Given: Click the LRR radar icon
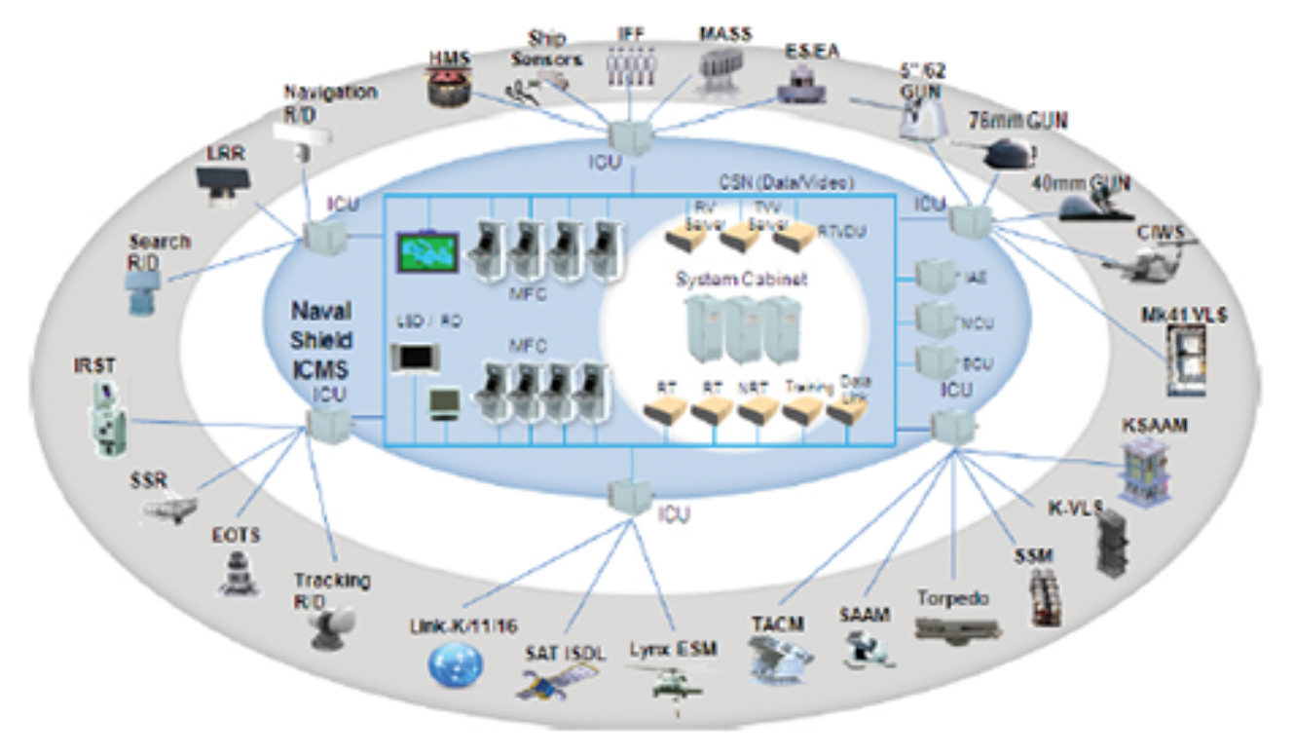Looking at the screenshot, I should pos(223,181).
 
